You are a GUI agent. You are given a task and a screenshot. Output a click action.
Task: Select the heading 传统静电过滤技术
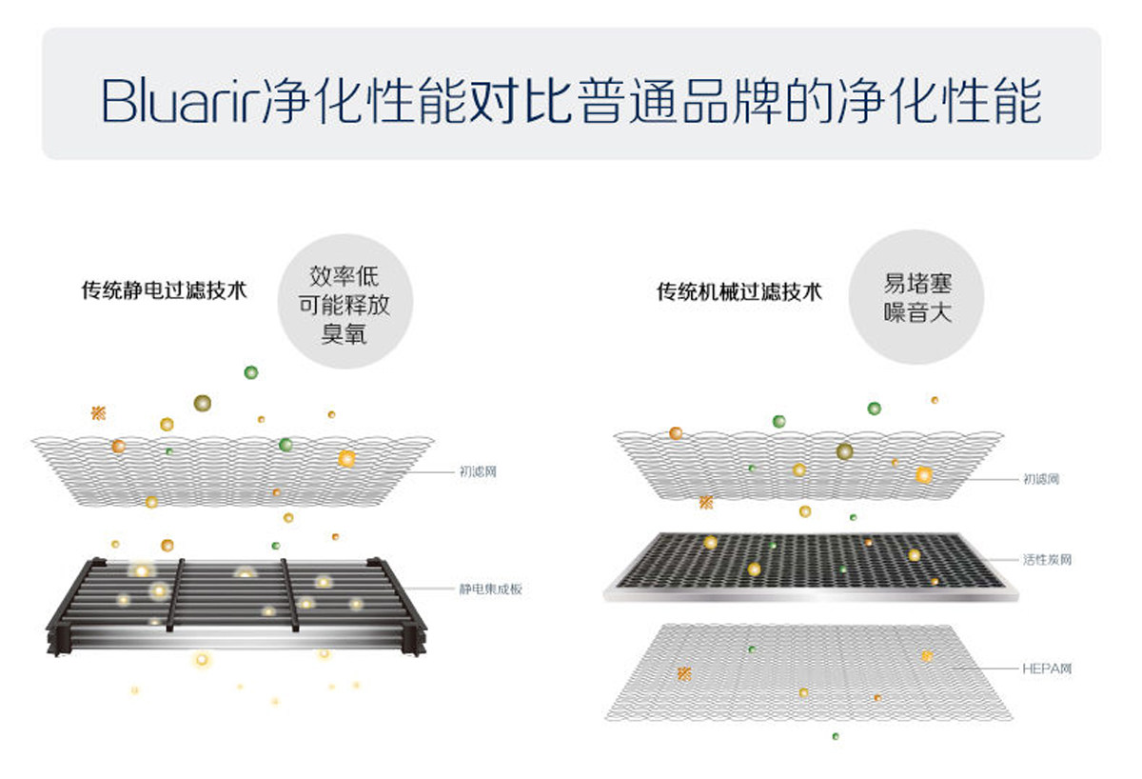point(164,290)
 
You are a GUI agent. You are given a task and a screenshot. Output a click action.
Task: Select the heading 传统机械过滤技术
point(738,291)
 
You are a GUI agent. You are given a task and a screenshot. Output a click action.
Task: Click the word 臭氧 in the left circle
point(345,334)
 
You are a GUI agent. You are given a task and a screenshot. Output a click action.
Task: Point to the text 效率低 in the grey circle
point(345,277)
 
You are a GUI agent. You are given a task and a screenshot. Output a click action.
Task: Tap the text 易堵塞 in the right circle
point(917,284)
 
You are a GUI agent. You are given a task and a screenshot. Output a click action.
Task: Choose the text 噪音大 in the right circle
point(917,312)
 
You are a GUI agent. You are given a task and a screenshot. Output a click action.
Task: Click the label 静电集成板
point(490,589)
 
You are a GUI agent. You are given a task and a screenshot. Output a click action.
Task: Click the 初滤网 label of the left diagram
point(478,471)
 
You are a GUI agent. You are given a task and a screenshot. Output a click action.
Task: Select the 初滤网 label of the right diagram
point(1041,479)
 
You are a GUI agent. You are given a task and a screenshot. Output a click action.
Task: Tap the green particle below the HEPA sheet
point(836,735)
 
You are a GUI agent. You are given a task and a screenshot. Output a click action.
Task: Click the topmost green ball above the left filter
point(251,372)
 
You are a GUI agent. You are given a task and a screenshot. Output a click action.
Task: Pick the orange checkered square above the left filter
point(98,412)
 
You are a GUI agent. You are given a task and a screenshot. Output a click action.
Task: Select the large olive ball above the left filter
point(202,403)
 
